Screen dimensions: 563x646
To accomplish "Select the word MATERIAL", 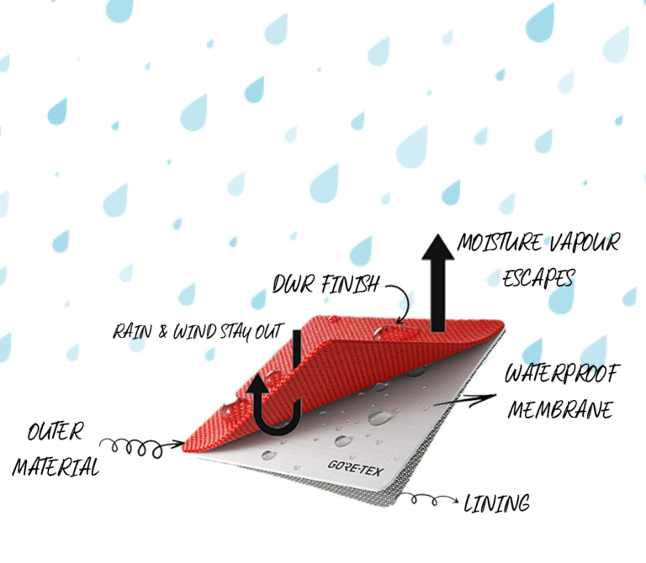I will pos(54,466).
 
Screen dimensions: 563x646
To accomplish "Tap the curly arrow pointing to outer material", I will pos(139,444).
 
